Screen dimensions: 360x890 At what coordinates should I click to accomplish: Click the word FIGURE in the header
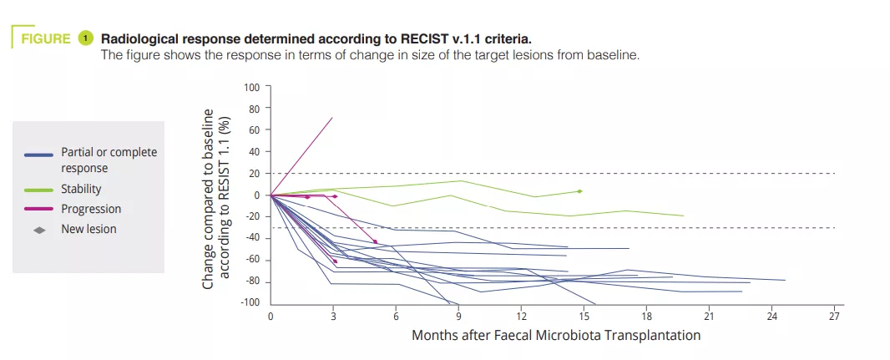[44, 38]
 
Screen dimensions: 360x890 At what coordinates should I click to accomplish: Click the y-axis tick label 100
[251, 87]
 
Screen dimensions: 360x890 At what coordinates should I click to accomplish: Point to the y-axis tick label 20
[254, 174]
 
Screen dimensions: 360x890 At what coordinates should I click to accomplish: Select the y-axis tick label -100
[250, 302]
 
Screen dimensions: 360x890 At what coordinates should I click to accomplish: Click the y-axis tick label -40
[251, 238]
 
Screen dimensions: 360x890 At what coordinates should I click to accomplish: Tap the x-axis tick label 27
[833, 317]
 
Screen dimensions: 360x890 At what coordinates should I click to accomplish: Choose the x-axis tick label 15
[583, 317]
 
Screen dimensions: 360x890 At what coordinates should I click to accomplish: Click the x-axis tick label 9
[458, 317]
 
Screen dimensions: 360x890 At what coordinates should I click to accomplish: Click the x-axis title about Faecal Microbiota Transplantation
[555, 335]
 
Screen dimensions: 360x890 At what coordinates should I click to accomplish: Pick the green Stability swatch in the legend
[38, 190]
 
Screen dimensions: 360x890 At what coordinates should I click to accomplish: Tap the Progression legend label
[91, 209]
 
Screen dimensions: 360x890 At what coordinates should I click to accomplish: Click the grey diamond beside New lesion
[38, 229]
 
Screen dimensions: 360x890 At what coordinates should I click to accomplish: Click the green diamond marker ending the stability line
[579, 191]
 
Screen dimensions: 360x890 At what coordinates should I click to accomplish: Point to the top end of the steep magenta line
[332, 118]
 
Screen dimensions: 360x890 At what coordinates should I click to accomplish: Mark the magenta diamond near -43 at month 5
[375, 241]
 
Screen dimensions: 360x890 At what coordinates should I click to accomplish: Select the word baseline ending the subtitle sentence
[614, 55]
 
